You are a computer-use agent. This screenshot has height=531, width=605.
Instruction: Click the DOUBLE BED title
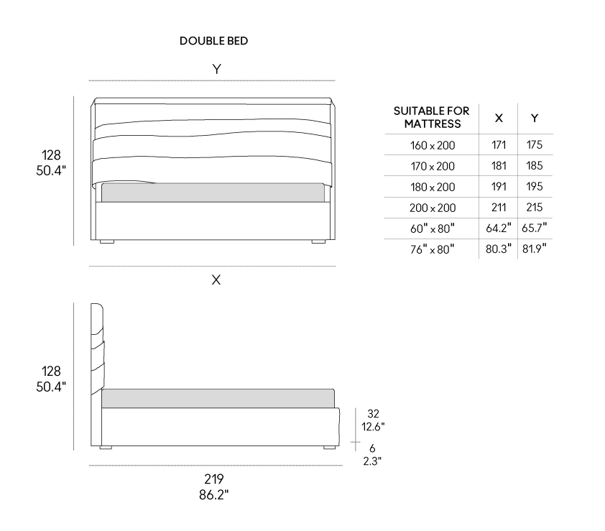[x=213, y=41]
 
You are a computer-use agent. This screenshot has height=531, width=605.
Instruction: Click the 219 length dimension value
[x=213, y=479]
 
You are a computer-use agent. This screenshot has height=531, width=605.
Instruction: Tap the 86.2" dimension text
[x=213, y=494]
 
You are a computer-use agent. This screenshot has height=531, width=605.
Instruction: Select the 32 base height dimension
[x=373, y=414]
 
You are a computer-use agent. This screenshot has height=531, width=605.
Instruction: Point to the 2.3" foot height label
[x=372, y=461]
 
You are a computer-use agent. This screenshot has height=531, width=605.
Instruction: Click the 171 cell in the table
[x=499, y=144]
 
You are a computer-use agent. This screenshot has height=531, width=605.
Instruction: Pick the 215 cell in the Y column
[x=535, y=207]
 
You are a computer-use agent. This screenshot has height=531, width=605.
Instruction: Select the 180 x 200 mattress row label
[x=433, y=187]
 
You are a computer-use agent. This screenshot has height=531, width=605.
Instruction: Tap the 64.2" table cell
[x=499, y=228]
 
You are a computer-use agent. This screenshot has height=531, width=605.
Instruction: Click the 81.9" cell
[x=535, y=249]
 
